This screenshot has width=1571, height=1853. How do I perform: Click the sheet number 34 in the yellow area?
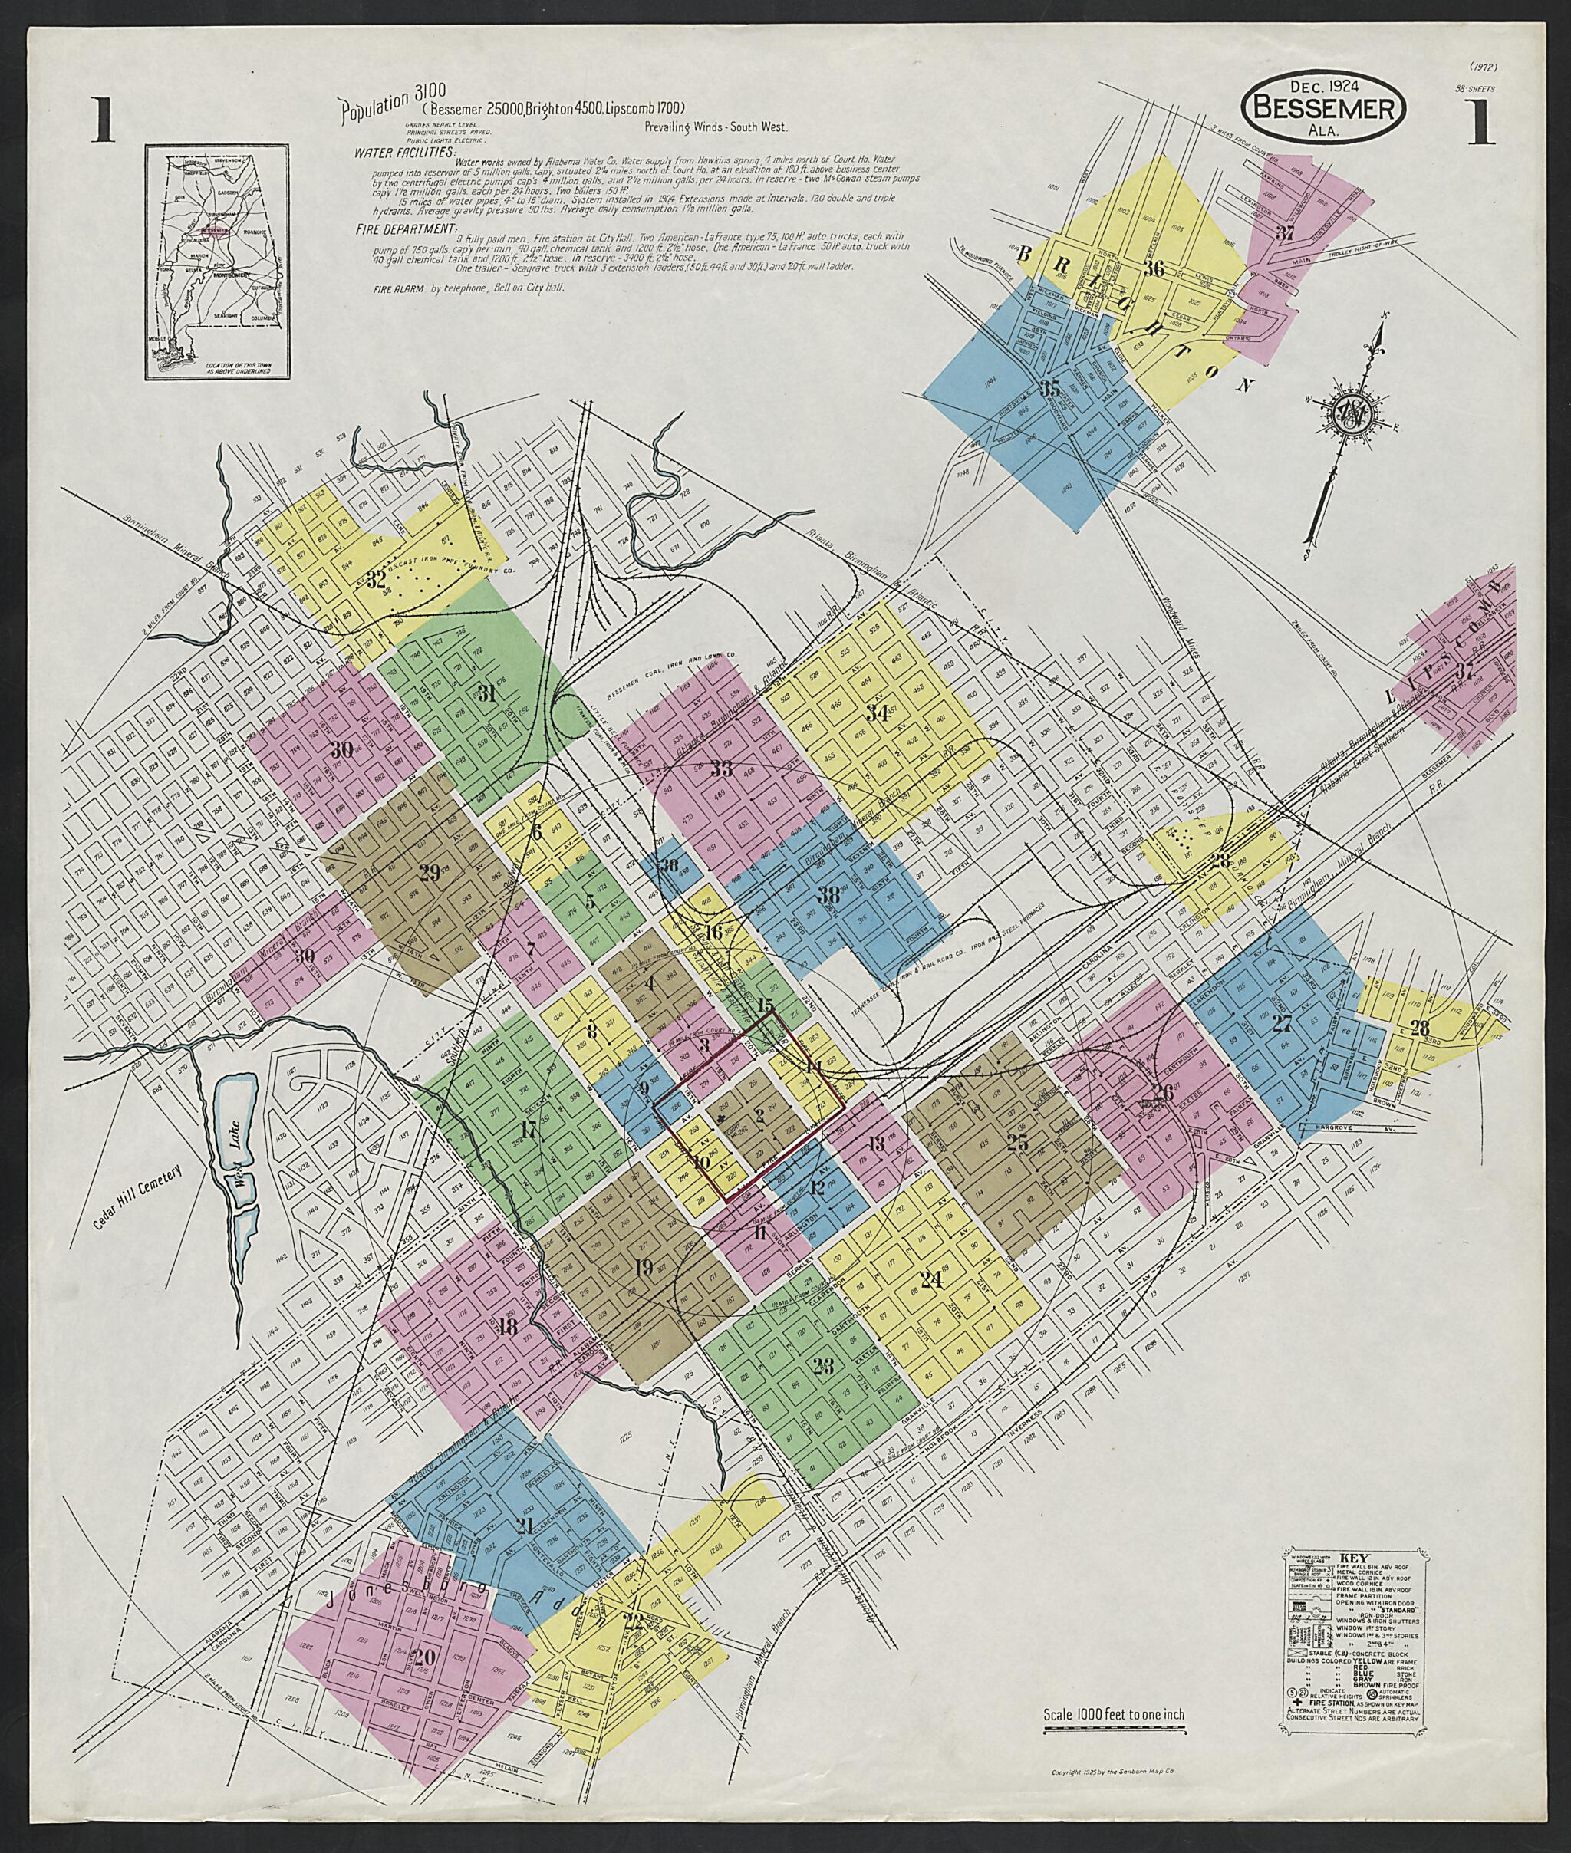pyautogui.click(x=878, y=713)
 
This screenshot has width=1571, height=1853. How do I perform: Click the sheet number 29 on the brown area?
pyautogui.click(x=430, y=874)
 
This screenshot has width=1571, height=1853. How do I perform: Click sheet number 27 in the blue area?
pyautogui.click(x=1282, y=1023)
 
